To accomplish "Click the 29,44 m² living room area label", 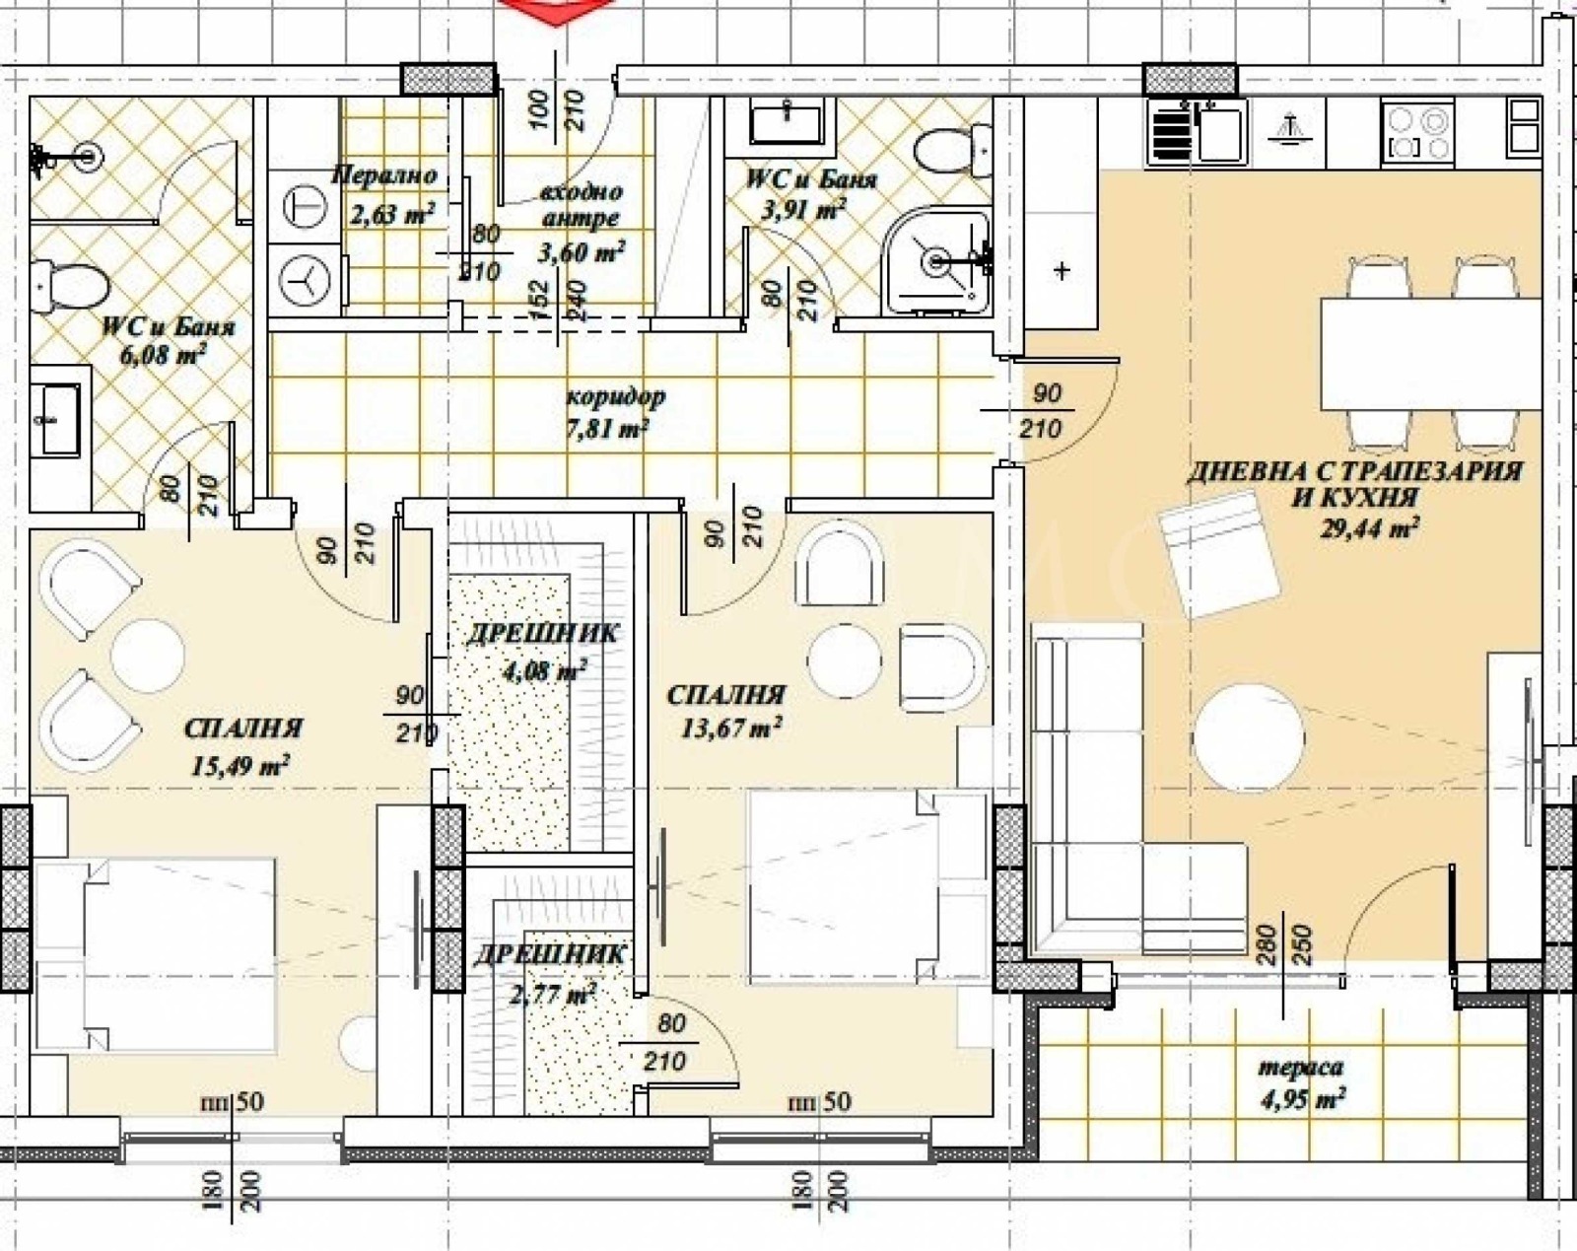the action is point(1368,527).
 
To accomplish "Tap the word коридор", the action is point(616,396).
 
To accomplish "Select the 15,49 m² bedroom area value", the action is point(240,766).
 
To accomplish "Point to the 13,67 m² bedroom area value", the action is point(730,728).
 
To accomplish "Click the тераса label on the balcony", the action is point(1301,1067).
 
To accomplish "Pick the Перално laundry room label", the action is point(384,175).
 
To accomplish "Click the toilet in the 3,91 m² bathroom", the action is point(953,150).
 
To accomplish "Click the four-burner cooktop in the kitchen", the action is point(1417,132).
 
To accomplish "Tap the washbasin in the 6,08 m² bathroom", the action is point(60,420).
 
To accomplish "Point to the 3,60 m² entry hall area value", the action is point(582,252).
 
